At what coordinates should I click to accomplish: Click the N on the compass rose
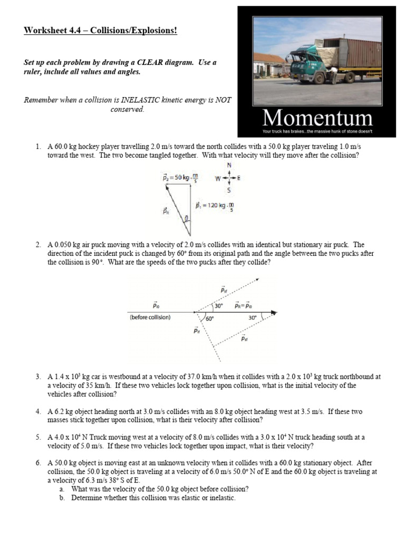click(229, 165)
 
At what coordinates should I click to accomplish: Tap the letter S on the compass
click(229, 190)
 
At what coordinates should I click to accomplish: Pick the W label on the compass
click(217, 178)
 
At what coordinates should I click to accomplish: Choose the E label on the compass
click(239, 178)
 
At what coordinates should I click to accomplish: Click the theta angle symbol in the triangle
click(185, 218)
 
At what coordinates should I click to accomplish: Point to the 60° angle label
click(209, 319)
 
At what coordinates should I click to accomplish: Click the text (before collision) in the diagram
click(150, 317)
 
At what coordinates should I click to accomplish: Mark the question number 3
click(38, 377)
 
